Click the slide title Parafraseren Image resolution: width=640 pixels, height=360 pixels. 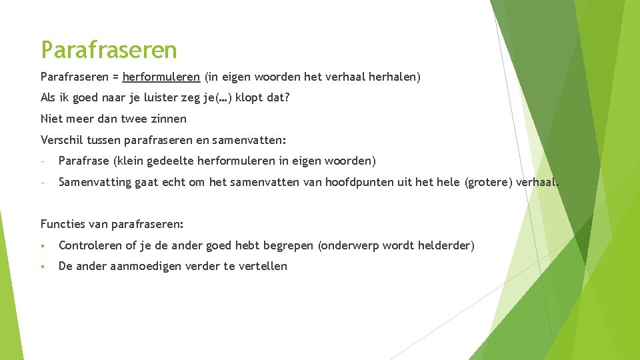[109, 49]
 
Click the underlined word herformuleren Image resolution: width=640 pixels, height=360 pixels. [161, 77]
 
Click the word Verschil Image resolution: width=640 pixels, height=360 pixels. [59, 140]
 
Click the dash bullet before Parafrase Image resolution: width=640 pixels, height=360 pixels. [42, 161]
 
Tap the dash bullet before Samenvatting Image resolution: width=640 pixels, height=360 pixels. [42, 182]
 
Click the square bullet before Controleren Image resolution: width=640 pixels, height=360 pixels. [42, 246]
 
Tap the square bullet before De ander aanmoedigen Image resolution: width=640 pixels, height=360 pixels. [42, 267]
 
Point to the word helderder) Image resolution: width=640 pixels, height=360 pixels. [446, 245]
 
